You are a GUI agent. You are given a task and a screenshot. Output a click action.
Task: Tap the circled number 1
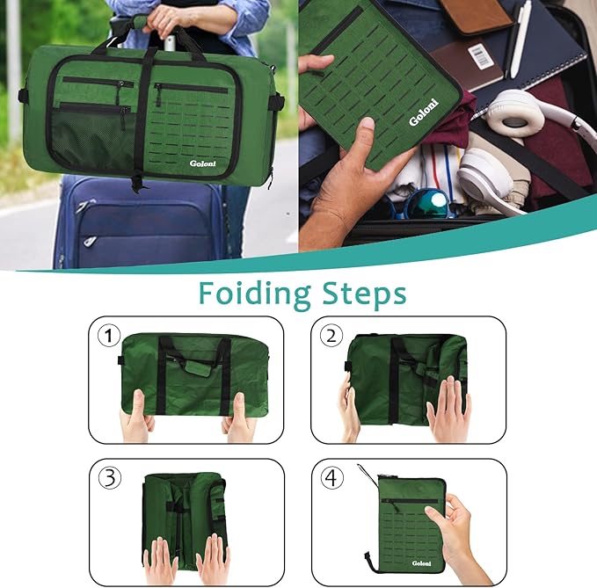click(108, 335)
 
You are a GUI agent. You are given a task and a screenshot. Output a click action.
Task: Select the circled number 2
click(331, 335)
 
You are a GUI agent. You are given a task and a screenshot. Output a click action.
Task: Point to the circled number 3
click(108, 477)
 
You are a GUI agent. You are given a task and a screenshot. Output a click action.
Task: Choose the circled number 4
click(331, 477)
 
